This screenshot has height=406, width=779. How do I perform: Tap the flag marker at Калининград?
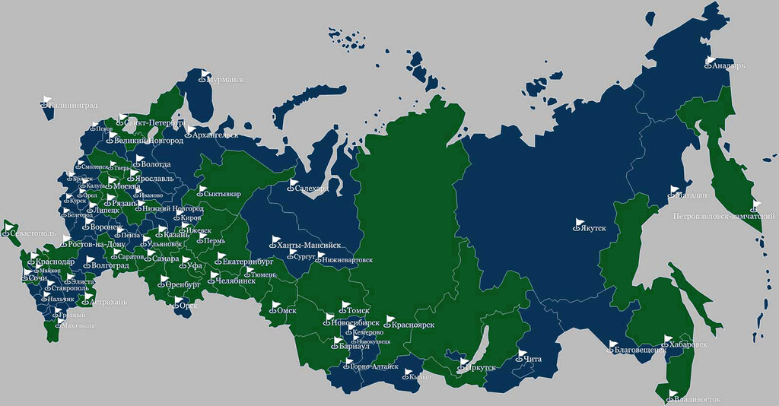(47, 99)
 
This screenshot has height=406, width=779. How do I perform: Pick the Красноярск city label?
(415, 325)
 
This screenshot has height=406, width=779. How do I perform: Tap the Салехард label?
(311, 188)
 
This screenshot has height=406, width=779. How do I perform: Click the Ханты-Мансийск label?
(308, 246)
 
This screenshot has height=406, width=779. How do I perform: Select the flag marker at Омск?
(275, 306)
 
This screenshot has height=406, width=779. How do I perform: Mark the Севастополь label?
(33, 232)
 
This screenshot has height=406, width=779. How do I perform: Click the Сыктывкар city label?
(222, 194)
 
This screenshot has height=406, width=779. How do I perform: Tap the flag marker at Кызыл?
(408, 373)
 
